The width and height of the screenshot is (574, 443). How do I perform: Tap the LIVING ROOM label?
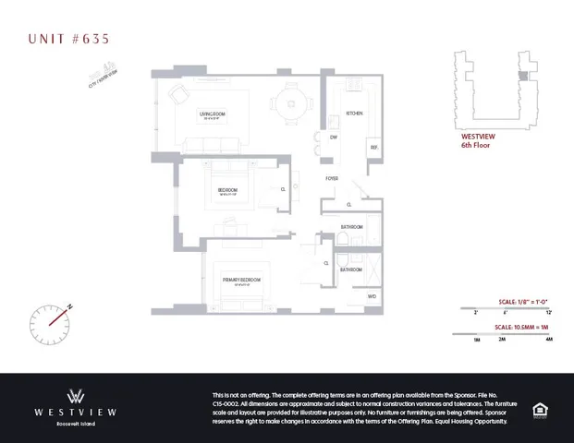(x=213, y=114)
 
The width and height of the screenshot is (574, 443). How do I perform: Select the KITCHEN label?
(x=353, y=114)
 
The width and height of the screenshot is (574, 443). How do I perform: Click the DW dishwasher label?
(x=334, y=137)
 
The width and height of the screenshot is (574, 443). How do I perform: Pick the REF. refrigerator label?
(x=374, y=148)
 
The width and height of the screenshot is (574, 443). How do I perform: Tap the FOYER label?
(x=331, y=178)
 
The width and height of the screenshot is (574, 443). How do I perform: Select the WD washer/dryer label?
(x=372, y=297)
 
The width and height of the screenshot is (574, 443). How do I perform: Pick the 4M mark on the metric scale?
(x=548, y=340)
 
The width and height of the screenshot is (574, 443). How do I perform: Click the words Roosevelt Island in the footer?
(x=78, y=425)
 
